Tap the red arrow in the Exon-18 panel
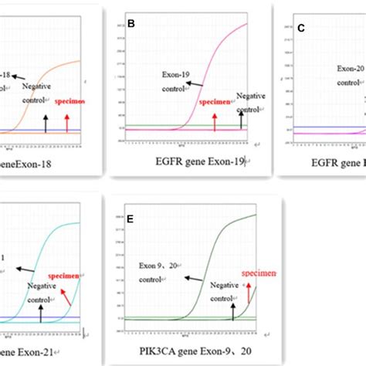tap(67, 119)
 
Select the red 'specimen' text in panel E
tap(260, 273)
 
